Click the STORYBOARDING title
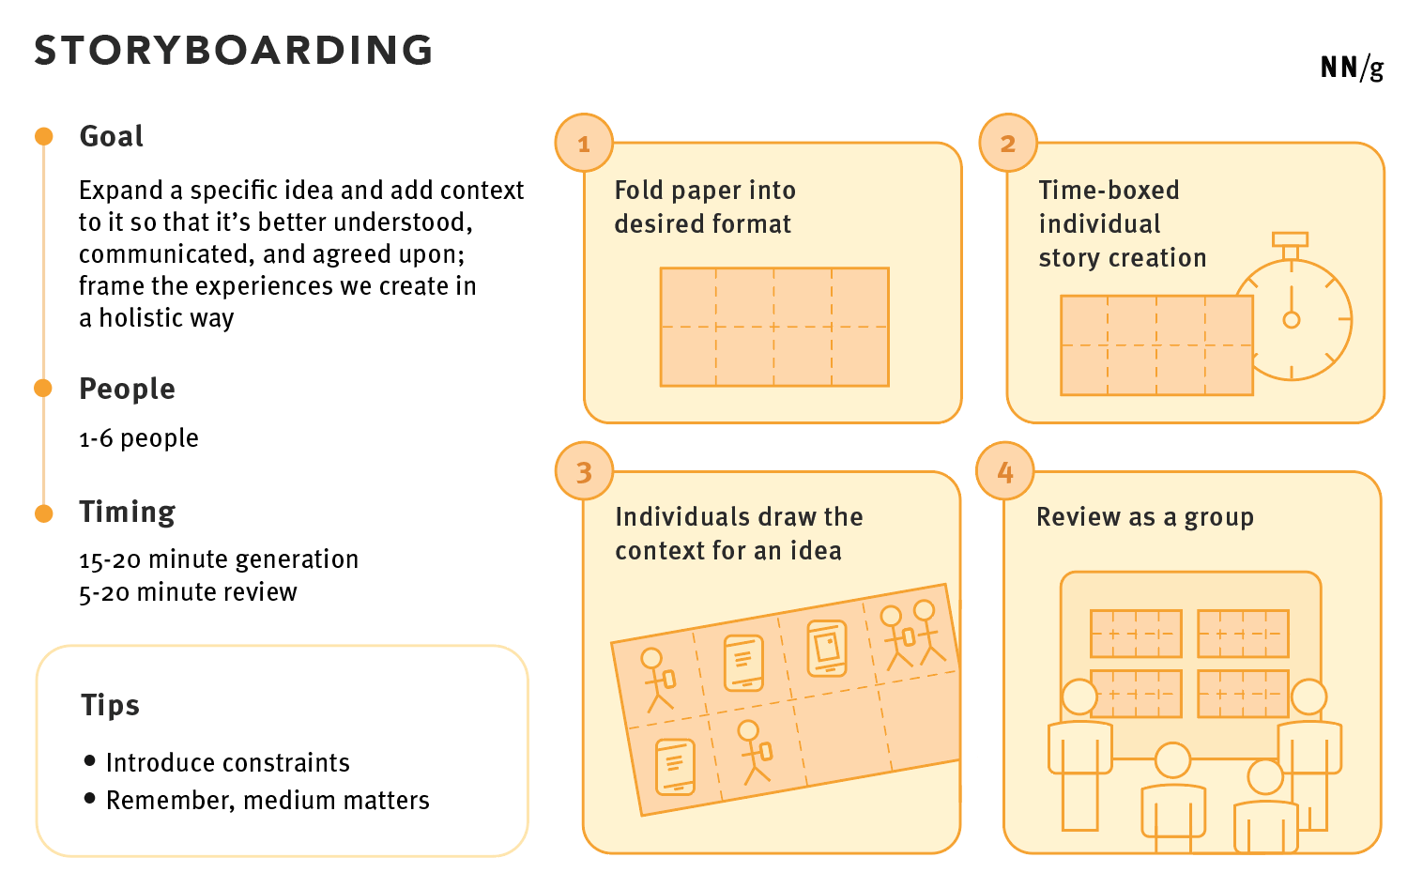234,51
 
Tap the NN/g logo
1352,68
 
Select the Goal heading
112,137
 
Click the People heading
127,389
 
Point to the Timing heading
128,512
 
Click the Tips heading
110,705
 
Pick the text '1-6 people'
139,438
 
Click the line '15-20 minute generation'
219,559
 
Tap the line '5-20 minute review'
188,592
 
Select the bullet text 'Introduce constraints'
227,762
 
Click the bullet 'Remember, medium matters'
268,800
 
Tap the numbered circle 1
584,144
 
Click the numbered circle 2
1008,144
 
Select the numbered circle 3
584,471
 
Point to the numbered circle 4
1005,471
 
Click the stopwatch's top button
1291,240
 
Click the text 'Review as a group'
1144,517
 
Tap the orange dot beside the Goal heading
43,137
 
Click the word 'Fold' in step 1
638,191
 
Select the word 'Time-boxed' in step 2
1109,191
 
